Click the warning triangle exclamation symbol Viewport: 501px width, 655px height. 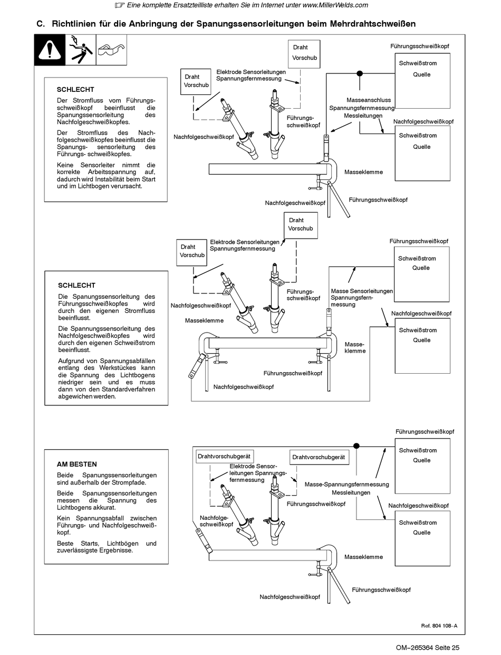[x=50, y=50]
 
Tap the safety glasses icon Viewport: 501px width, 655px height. [x=111, y=50]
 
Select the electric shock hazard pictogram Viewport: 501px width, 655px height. [x=80, y=50]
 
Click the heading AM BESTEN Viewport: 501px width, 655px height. [x=77, y=464]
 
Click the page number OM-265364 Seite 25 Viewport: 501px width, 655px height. [x=428, y=647]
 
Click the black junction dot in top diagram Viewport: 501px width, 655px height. [x=360, y=73]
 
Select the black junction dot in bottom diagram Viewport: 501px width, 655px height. [x=356, y=445]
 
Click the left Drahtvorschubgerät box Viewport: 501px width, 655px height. [x=224, y=456]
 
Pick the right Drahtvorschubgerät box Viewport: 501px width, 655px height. [x=319, y=457]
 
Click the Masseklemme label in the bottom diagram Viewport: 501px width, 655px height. [x=363, y=557]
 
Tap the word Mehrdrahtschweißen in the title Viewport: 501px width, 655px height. [x=373, y=24]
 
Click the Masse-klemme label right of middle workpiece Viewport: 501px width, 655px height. [x=355, y=347]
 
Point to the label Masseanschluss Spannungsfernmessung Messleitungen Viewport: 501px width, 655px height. [x=362, y=108]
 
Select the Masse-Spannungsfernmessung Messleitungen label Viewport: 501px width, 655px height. [x=347, y=488]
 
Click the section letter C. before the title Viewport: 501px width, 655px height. [x=41, y=24]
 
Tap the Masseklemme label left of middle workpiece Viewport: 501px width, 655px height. [x=204, y=320]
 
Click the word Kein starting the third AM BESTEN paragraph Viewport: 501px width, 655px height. [x=64, y=518]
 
